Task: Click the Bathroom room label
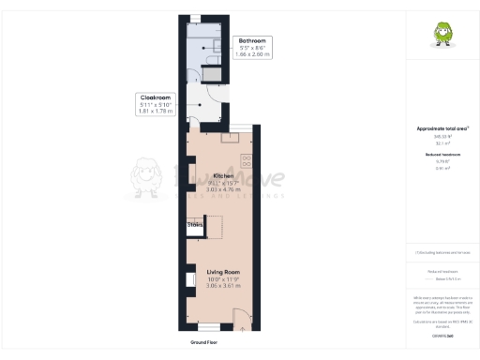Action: tap(253, 41)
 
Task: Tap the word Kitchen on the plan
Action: tap(223, 175)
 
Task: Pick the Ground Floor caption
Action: tap(205, 343)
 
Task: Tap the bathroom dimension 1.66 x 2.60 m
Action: tap(253, 55)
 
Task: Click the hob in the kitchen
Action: tap(247, 159)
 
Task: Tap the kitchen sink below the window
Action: tap(229, 137)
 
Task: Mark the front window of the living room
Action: tap(207, 326)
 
